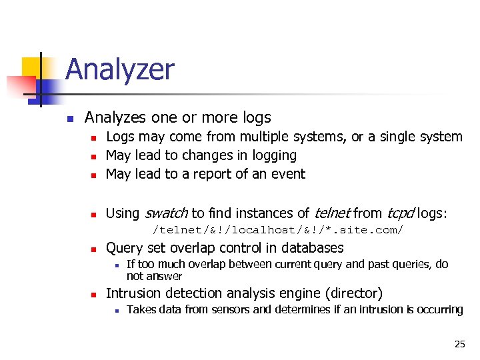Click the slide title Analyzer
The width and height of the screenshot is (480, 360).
click(120, 70)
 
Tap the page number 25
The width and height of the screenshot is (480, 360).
click(459, 344)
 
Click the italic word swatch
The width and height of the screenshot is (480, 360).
click(166, 213)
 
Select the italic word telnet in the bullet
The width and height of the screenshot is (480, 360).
click(331, 213)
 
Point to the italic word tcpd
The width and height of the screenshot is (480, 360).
click(400, 213)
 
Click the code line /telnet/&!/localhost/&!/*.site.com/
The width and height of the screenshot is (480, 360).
click(278, 230)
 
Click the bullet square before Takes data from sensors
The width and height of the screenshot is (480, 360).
click(116, 310)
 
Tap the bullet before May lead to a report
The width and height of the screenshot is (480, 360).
click(94, 175)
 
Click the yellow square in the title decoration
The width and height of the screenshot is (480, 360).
click(32, 67)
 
